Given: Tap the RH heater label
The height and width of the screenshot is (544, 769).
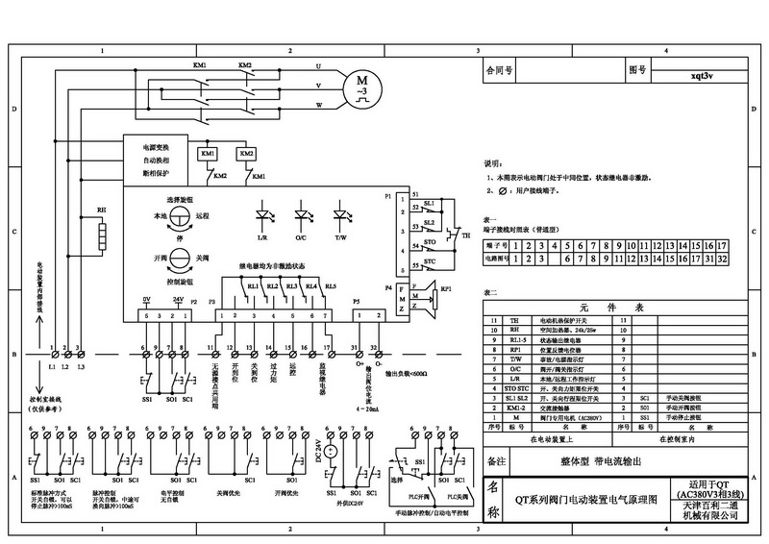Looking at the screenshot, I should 100,209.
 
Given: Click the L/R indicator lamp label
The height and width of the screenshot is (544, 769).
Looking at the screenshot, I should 262,238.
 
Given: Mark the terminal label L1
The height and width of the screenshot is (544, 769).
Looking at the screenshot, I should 52,367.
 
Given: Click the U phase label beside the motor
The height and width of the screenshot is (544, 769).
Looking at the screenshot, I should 318,66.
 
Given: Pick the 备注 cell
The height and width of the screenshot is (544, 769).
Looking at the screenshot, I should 497,462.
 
